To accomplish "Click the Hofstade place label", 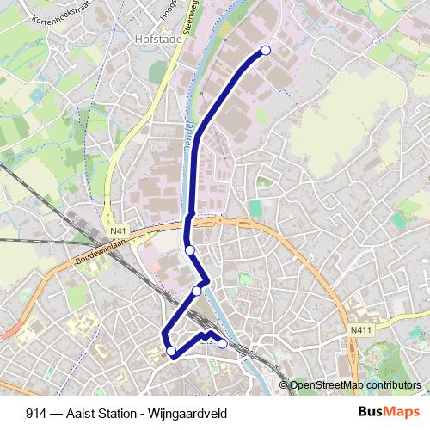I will pyautogui.click(x=155, y=39).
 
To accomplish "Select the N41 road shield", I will pyautogui.click(x=118, y=230).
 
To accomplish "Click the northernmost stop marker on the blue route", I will pyautogui.click(x=266, y=51).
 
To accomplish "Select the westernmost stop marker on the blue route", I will pyautogui.click(x=171, y=350).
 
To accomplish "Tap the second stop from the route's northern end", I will pyautogui.click(x=190, y=250).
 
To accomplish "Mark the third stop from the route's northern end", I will pyautogui.click(x=197, y=291).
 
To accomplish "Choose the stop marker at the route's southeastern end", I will pyautogui.click(x=223, y=344).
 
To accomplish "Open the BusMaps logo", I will pyautogui.click(x=388, y=412).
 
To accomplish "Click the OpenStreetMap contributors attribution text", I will pyautogui.click(x=356, y=384).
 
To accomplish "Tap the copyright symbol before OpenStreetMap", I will pyautogui.click(x=284, y=384).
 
